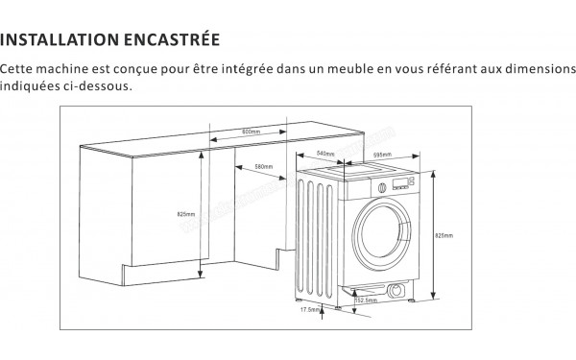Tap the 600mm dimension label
(252, 132)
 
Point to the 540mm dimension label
(325, 154)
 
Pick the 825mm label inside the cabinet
(186, 212)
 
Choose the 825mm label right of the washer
(444, 234)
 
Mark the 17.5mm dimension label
(308, 310)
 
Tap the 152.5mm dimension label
(365, 300)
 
